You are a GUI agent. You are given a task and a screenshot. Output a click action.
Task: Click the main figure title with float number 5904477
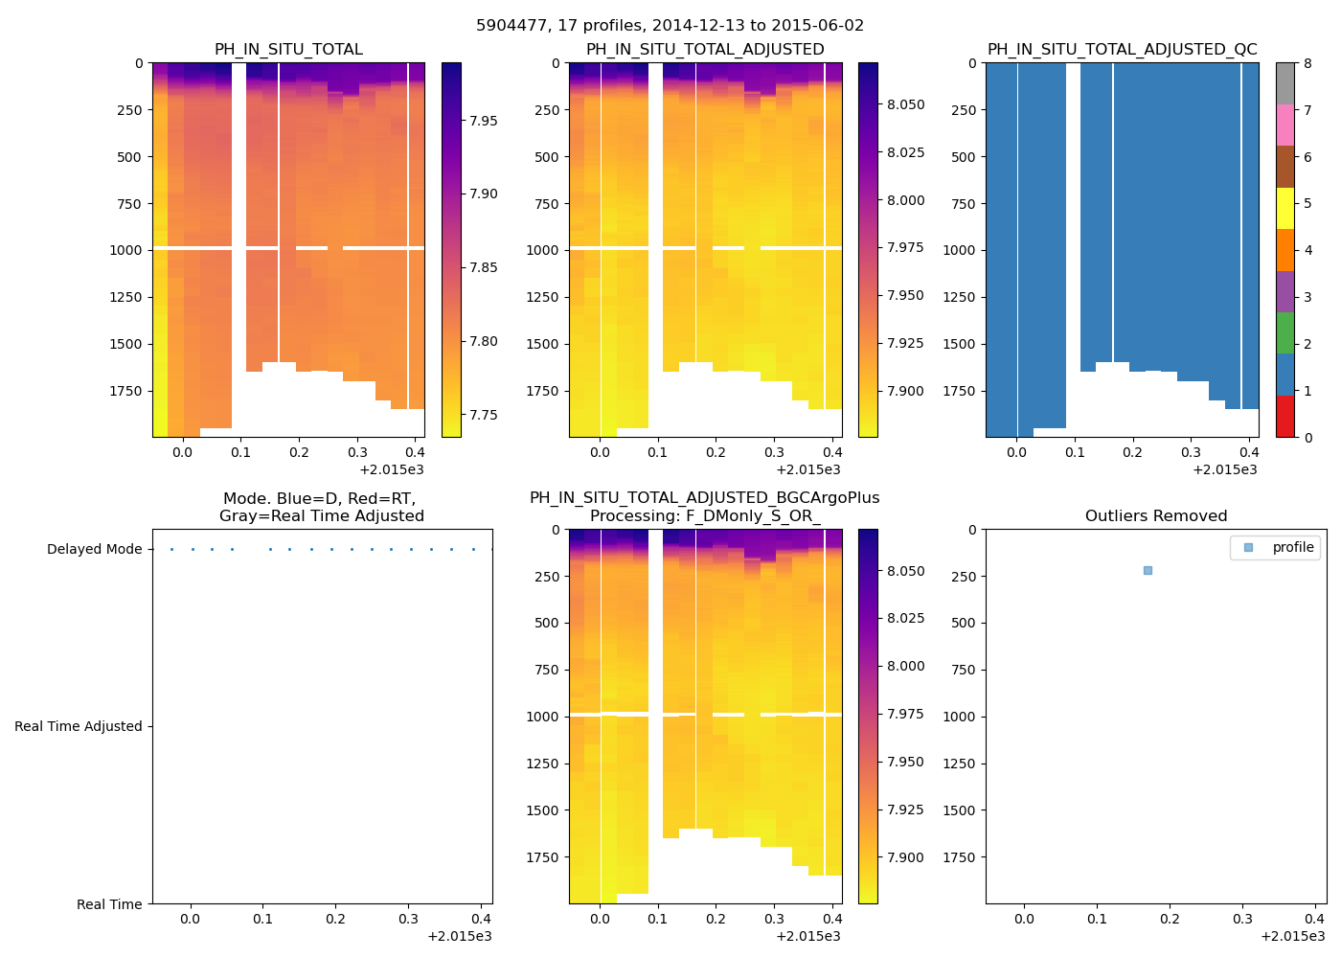[x=670, y=26]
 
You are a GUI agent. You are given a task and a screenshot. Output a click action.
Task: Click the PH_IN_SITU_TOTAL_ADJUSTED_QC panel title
[x=1122, y=50]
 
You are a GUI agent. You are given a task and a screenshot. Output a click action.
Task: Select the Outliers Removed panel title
[x=1155, y=516]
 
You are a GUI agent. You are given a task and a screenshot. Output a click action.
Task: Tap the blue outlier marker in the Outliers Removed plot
[x=1148, y=571]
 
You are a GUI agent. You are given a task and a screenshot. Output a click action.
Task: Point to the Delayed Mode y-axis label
[x=94, y=550]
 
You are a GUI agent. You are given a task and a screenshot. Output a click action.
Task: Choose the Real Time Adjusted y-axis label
[x=78, y=727]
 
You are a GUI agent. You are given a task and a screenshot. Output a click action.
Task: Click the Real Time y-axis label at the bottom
[x=109, y=904]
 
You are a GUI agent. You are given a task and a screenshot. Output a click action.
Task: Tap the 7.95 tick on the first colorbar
[x=483, y=121]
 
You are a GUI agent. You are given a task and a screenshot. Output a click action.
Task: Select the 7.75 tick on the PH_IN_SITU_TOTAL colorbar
[x=483, y=416]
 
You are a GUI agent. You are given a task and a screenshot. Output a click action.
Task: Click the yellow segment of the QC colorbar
[x=1284, y=208]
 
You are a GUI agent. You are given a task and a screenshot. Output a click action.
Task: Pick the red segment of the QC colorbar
[x=1284, y=417]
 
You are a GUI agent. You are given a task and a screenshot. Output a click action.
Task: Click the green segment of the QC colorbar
[x=1284, y=332]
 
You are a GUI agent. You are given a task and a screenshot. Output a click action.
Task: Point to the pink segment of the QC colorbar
[x=1284, y=125]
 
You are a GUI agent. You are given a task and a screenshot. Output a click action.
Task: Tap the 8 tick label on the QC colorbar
[x=1307, y=64]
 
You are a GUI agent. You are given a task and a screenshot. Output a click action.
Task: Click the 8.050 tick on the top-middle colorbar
[x=905, y=105]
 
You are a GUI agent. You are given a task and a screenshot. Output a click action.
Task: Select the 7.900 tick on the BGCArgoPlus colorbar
[x=905, y=857]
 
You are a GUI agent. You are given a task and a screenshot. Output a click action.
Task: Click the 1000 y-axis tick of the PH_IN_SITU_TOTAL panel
[x=129, y=250]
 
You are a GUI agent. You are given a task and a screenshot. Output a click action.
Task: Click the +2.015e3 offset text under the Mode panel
[x=459, y=936]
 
